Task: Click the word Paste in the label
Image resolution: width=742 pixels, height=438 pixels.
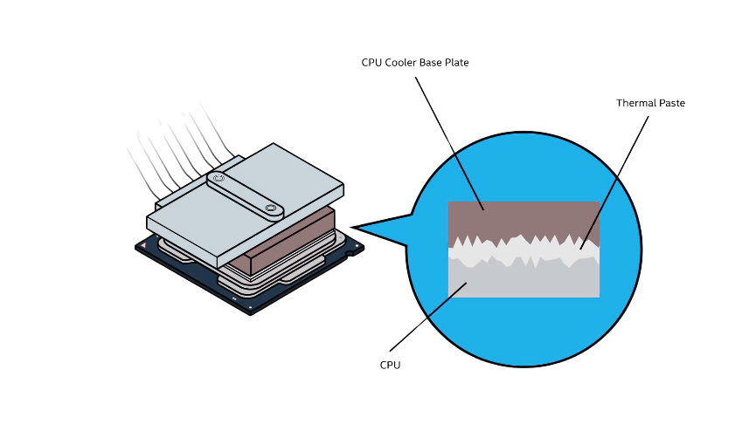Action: point(671,103)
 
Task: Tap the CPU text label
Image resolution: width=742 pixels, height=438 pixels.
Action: point(390,365)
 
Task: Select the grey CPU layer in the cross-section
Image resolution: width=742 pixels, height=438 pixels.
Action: point(524,279)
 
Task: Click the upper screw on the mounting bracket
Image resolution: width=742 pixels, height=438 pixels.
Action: point(218,179)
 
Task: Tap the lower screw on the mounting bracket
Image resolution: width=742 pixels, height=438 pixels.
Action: point(271,209)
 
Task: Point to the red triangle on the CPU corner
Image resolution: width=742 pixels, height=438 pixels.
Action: point(143,246)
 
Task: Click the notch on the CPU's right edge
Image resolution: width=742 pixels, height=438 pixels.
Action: point(350,253)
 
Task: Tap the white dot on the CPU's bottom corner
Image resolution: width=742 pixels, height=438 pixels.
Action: point(251,307)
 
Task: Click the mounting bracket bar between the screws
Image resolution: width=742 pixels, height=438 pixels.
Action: point(245,194)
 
